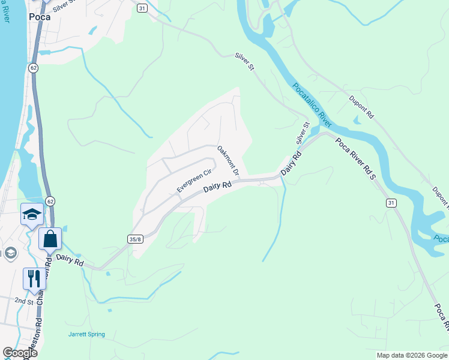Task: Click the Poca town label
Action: [x=40, y=17]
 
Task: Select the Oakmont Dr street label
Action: [x=228, y=160]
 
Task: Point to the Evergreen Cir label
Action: [x=194, y=181]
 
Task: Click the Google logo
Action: [x=20, y=353]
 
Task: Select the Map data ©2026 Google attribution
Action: [x=412, y=355]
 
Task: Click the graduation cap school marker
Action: [x=31, y=214]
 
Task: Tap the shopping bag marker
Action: [x=50, y=238]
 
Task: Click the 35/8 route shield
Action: [x=135, y=239]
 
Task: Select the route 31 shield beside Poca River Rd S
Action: [x=391, y=203]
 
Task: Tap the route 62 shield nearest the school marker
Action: [x=50, y=200]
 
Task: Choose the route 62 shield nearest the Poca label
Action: [x=33, y=68]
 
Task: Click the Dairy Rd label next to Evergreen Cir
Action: [x=217, y=187]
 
